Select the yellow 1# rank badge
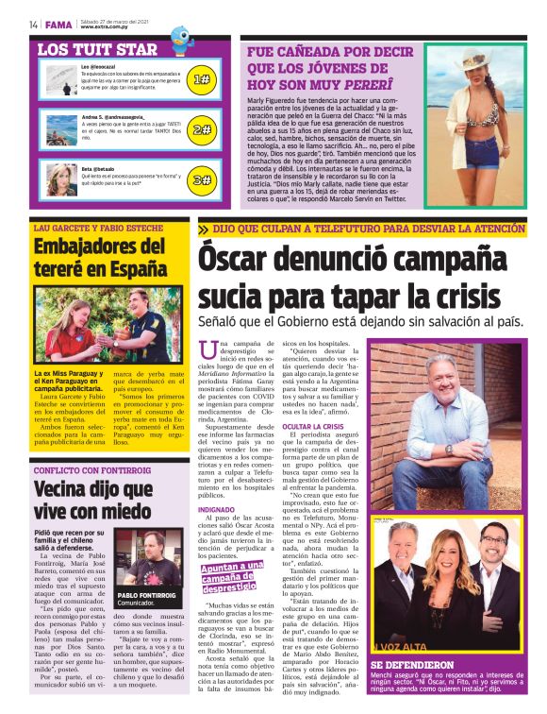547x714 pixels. coord(201,81)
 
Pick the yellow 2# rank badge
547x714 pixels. coord(201,129)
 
